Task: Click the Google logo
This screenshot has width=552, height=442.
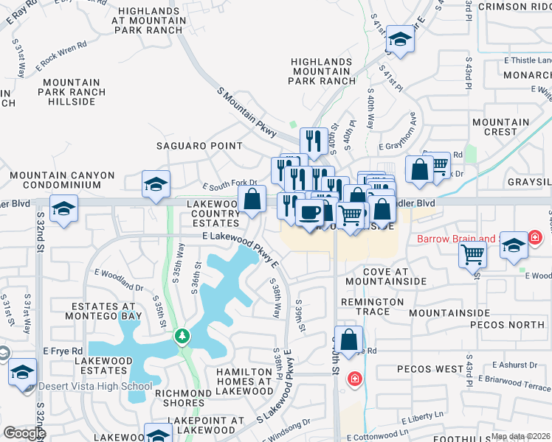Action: (24, 433)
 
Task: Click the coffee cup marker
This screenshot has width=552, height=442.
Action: (309, 212)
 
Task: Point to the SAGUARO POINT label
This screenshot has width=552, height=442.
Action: (199, 146)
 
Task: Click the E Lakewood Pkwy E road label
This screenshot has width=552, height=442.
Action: (241, 248)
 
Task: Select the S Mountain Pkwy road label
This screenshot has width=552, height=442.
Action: (246, 111)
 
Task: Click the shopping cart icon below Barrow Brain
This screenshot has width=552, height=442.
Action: (472, 255)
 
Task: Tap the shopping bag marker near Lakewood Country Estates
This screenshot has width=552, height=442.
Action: (252, 199)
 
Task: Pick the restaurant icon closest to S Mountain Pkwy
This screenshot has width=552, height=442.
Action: (314, 140)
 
